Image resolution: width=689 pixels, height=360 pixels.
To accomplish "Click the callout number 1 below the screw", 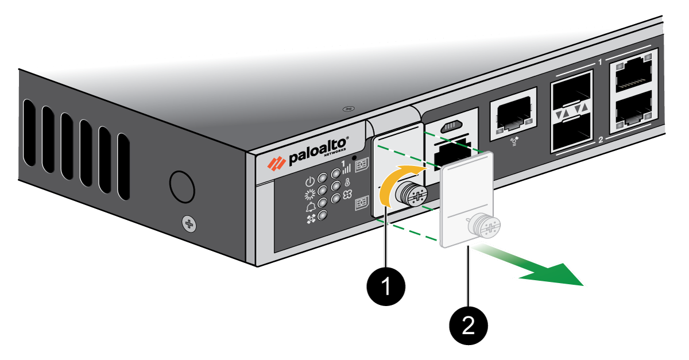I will (386, 286).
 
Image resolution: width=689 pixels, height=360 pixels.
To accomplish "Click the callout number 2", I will (469, 325).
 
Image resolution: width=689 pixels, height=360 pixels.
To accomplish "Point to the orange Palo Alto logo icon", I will (276, 163).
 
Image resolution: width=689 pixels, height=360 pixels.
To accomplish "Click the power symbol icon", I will (310, 180).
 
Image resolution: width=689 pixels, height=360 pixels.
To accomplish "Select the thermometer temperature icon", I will (346, 183).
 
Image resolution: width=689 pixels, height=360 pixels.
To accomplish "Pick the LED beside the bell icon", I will (323, 203).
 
